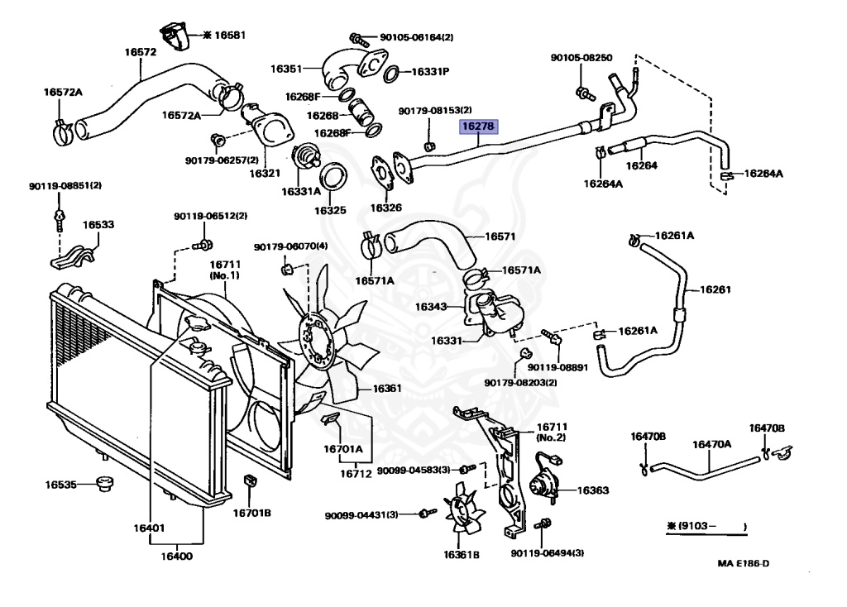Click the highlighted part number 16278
point(478,127)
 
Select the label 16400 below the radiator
point(175,556)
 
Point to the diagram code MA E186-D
point(744,564)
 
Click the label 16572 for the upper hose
point(141,51)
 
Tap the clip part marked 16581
point(175,34)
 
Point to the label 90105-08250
point(581,58)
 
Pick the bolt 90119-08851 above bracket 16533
point(59,219)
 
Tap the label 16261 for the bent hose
point(715,289)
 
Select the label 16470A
point(711,444)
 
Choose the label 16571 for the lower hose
point(500,236)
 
